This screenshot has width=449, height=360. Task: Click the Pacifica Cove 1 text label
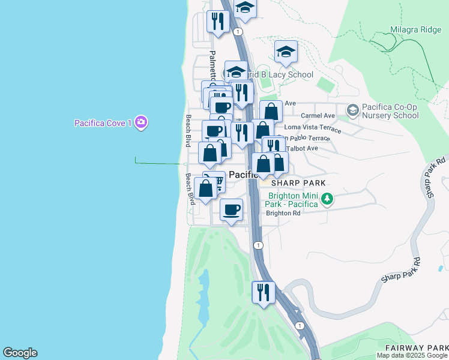(x=103, y=123)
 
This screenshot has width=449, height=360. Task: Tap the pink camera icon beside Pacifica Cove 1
(x=141, y=122)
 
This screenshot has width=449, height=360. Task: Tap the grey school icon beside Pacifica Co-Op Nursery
(x=352, y=110)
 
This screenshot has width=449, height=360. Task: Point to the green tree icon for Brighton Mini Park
(x=327, y=199)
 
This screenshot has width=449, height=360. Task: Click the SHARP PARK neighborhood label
(x=298, y=183)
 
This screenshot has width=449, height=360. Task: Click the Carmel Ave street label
(x=318, y=115)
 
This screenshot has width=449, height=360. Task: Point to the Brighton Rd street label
(x=283, y=213)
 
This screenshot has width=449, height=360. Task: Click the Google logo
(x=20, y=353)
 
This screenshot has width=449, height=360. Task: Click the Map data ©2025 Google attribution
(x=412, y=355)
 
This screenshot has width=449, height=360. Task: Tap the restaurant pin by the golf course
(x=263, y=293)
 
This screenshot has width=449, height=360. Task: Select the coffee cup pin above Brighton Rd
(x=231, y=210)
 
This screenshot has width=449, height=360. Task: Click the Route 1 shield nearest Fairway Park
(x=300, y=325)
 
